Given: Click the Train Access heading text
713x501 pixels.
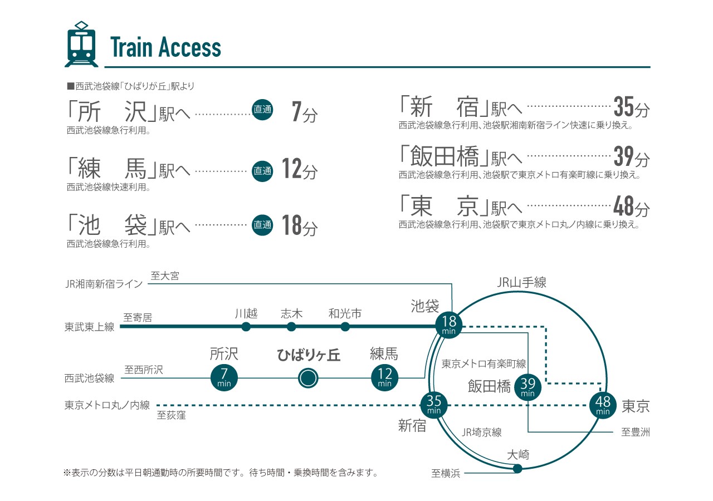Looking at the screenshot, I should tap(165, 47).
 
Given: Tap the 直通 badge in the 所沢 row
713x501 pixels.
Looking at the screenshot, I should tap(262, 110).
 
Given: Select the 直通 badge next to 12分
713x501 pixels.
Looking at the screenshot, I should tap(262, 171).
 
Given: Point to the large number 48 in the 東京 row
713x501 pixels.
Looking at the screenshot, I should tap(624, 208).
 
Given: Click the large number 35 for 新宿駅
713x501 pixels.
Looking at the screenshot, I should tap(624, 106).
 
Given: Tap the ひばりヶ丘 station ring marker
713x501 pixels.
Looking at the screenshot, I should tap(307, 379).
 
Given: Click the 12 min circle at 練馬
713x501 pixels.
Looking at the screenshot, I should tap(384, 379).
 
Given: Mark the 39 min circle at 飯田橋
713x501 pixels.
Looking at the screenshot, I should tap(528, 386).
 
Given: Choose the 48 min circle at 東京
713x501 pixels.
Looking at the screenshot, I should tap(603, 405).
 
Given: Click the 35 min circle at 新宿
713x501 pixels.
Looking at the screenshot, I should tap(434, 404).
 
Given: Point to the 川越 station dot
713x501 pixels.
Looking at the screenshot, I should tap(246, 327).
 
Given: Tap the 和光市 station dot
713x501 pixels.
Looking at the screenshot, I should tap(345, 327).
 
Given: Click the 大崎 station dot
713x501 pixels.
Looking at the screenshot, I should tap(517, 469).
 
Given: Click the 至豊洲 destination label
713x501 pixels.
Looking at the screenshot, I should tap(635, 432).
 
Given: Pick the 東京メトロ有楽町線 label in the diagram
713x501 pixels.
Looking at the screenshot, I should tap(484, 364).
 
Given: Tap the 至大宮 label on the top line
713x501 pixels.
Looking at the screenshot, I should tap(165, 276).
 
